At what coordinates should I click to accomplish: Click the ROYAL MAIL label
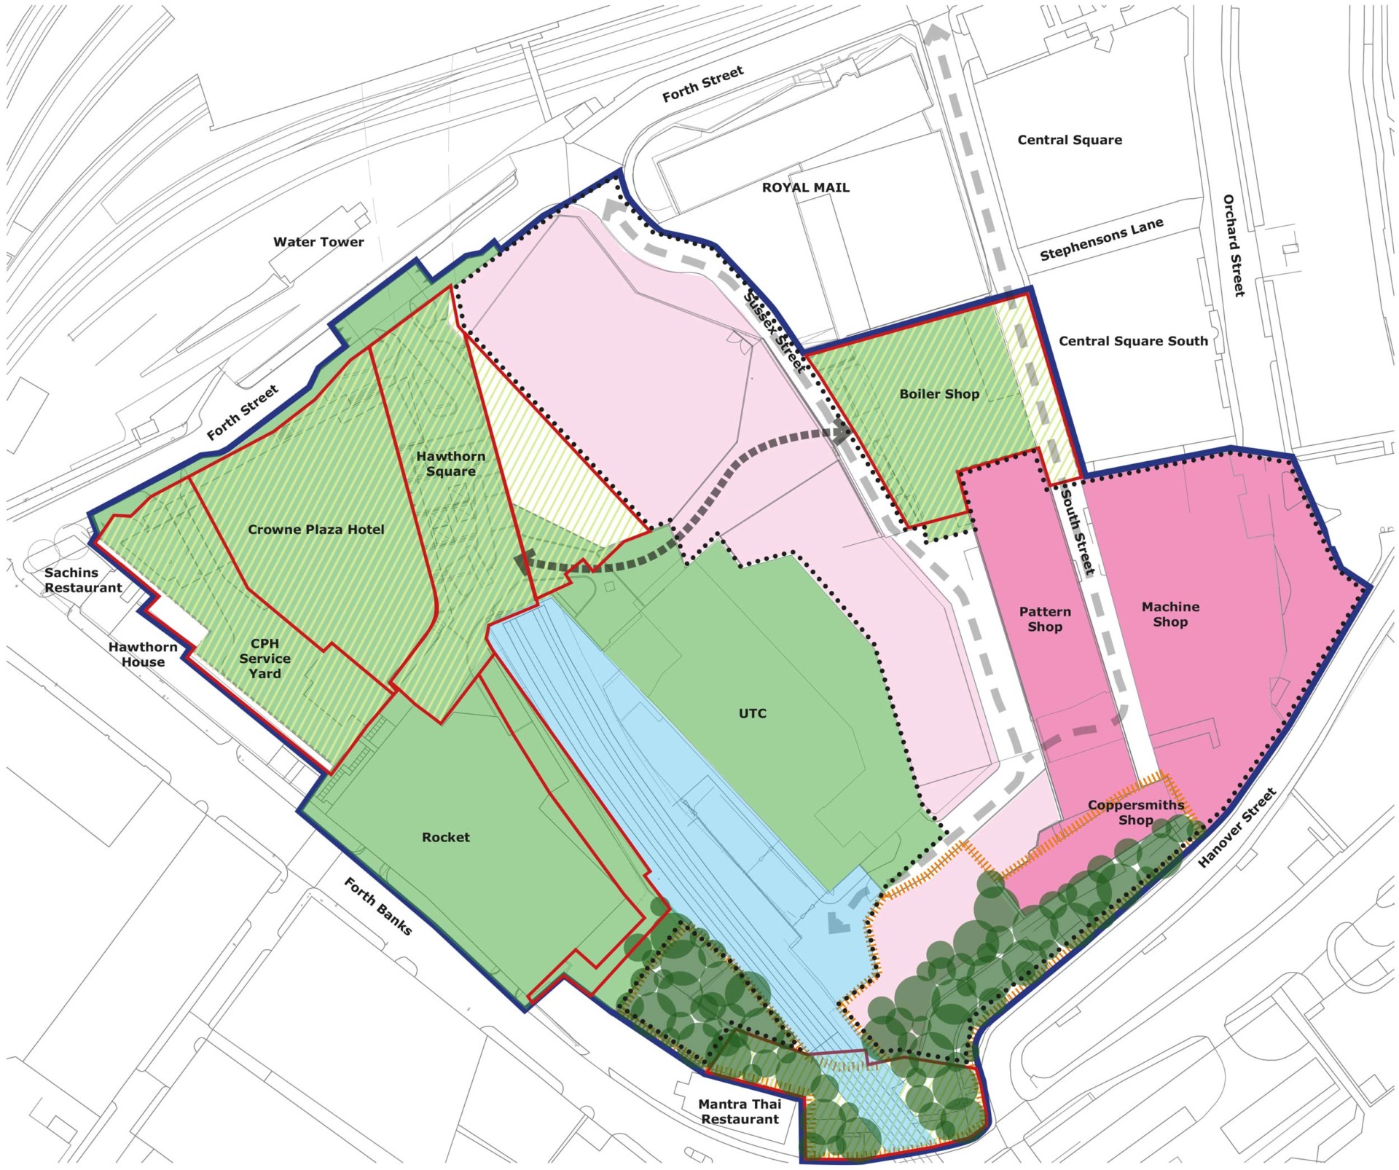[805, 187]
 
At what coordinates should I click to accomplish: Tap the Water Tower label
[318, 242]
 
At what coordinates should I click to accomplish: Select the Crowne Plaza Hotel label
[316, 530]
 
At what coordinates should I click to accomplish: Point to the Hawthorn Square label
[450, 463]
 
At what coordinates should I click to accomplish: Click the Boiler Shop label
[938, 394]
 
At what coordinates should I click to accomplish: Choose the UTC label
[752, 713]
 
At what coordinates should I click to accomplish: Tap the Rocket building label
[445, 837]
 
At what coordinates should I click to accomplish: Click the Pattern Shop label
[1044, 619]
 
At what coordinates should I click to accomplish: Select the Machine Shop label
[1169, 614]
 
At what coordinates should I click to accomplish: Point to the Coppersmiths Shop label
[1135, 812]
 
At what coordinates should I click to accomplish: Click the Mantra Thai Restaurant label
[739, 1112]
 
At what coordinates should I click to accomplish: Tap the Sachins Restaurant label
[82, 580]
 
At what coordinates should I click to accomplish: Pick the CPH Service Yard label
[264, 659]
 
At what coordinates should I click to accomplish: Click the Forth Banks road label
[377, 906]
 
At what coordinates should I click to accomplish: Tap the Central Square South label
[1132, 341]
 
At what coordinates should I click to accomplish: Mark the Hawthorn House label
[143, 654]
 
